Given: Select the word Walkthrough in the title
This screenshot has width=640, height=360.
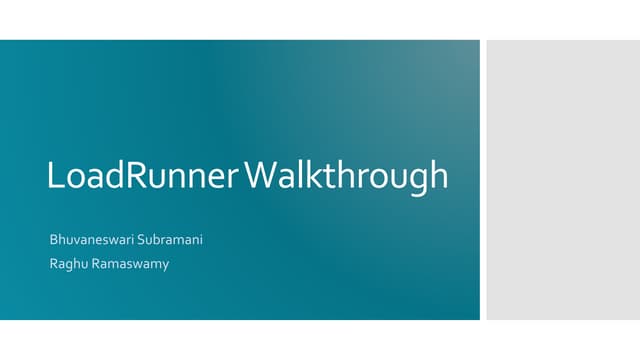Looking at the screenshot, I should click(346, 176).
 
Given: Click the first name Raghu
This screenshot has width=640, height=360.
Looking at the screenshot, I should click(67, 264).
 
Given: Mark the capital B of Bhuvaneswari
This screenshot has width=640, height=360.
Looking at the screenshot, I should click(53, 241).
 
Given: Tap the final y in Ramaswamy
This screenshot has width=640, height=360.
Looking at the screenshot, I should click(165, 266).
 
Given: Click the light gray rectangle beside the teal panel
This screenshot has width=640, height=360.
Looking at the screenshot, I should click(563, 180).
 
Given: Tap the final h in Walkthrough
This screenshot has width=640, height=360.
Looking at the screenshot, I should click(438, 176).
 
